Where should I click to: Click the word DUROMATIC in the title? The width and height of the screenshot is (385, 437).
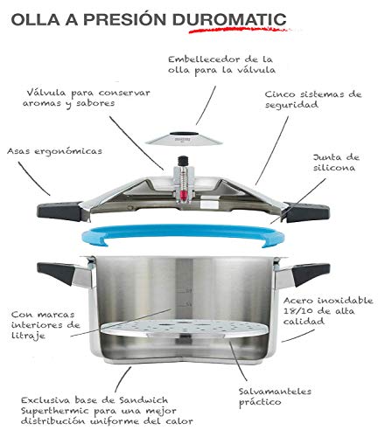229,19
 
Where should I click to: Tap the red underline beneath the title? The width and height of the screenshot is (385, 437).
239,30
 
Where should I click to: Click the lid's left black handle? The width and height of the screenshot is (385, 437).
59,211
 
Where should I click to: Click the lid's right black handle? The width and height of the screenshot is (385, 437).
307,212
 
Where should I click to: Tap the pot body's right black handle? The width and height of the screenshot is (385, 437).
311,273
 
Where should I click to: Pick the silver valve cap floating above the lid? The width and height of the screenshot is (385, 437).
184,138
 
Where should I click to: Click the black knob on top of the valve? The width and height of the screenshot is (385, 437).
183,161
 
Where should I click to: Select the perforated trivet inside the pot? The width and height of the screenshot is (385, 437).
184,328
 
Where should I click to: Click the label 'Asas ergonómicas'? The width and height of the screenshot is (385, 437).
54,151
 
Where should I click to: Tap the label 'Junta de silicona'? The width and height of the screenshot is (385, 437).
336,163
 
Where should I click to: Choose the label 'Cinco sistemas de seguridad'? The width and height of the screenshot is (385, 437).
313,100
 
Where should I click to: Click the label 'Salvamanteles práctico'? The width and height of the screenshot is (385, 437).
275,396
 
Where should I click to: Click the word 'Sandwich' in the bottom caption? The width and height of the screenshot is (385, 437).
143,400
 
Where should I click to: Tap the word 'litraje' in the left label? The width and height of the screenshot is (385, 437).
28,336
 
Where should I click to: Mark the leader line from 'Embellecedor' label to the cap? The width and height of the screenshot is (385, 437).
206,105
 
